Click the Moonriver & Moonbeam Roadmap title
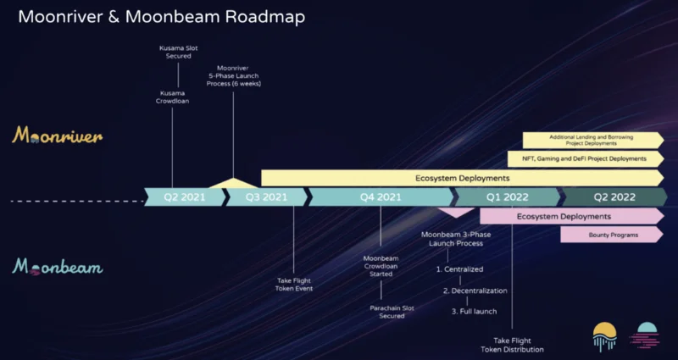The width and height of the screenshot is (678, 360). click(x=161, y=17)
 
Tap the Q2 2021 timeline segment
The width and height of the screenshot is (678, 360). click(x=185, y=197)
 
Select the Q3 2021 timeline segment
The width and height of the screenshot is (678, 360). click(x=267, y=197)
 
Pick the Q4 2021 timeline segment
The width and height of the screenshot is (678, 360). click(x=381, y=197)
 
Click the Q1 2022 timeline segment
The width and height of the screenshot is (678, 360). click(x=507, y=197)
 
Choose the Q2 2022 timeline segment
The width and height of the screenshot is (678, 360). click(x=614, y=197)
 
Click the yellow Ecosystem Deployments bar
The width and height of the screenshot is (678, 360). click(x=463, y=178)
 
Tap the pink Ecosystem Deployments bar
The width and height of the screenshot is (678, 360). click(x=572, y=216)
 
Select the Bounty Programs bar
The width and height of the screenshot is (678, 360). click(x=612, y=235)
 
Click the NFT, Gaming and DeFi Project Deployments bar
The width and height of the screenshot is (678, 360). click(x=586, y=158)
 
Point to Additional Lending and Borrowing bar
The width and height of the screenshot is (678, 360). click(x=593, y=141)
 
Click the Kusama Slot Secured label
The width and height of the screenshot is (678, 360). click(x=179, y=52)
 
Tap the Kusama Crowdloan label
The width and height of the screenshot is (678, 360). click(x=173, y=97)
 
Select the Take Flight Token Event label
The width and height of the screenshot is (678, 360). click(x=294, y=285)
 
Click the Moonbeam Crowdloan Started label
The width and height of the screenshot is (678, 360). click(x=381, y=266)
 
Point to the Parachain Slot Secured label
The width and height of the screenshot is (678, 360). click(x=392, y=312)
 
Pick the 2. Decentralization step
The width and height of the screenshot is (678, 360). click(x=475, y=291)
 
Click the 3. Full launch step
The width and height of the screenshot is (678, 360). click(x=475, y=311)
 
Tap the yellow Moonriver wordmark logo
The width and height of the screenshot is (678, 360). click(x=57, y=136)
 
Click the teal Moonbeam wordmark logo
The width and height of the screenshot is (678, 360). click(x=57, y=267)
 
